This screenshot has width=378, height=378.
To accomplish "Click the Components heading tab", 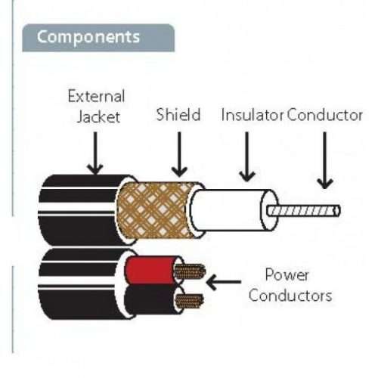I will pyautogui.click(x=89, y=37).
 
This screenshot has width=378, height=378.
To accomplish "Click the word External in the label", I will pyautogui.click(x=96, y=98).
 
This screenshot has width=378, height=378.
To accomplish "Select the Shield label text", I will pyautogui.click(x=178, y=115).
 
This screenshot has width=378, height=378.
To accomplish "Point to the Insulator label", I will pyautogui.click(x=252, y=115).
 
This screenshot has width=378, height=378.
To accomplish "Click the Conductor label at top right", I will pyautogui.click(x=324, y=115).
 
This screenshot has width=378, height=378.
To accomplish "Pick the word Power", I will pyautogui.click(x=285, y=274).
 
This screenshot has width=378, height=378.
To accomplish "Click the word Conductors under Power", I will pyautogui.click(x=290, y=294).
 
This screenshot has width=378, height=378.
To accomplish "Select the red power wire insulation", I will pyautogui.click(x=150, y=270).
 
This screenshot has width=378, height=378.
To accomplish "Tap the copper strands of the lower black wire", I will pyautogui.click(x=189, y=300).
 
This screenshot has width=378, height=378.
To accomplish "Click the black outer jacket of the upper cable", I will pyautogui.click(x=76, y=200).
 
